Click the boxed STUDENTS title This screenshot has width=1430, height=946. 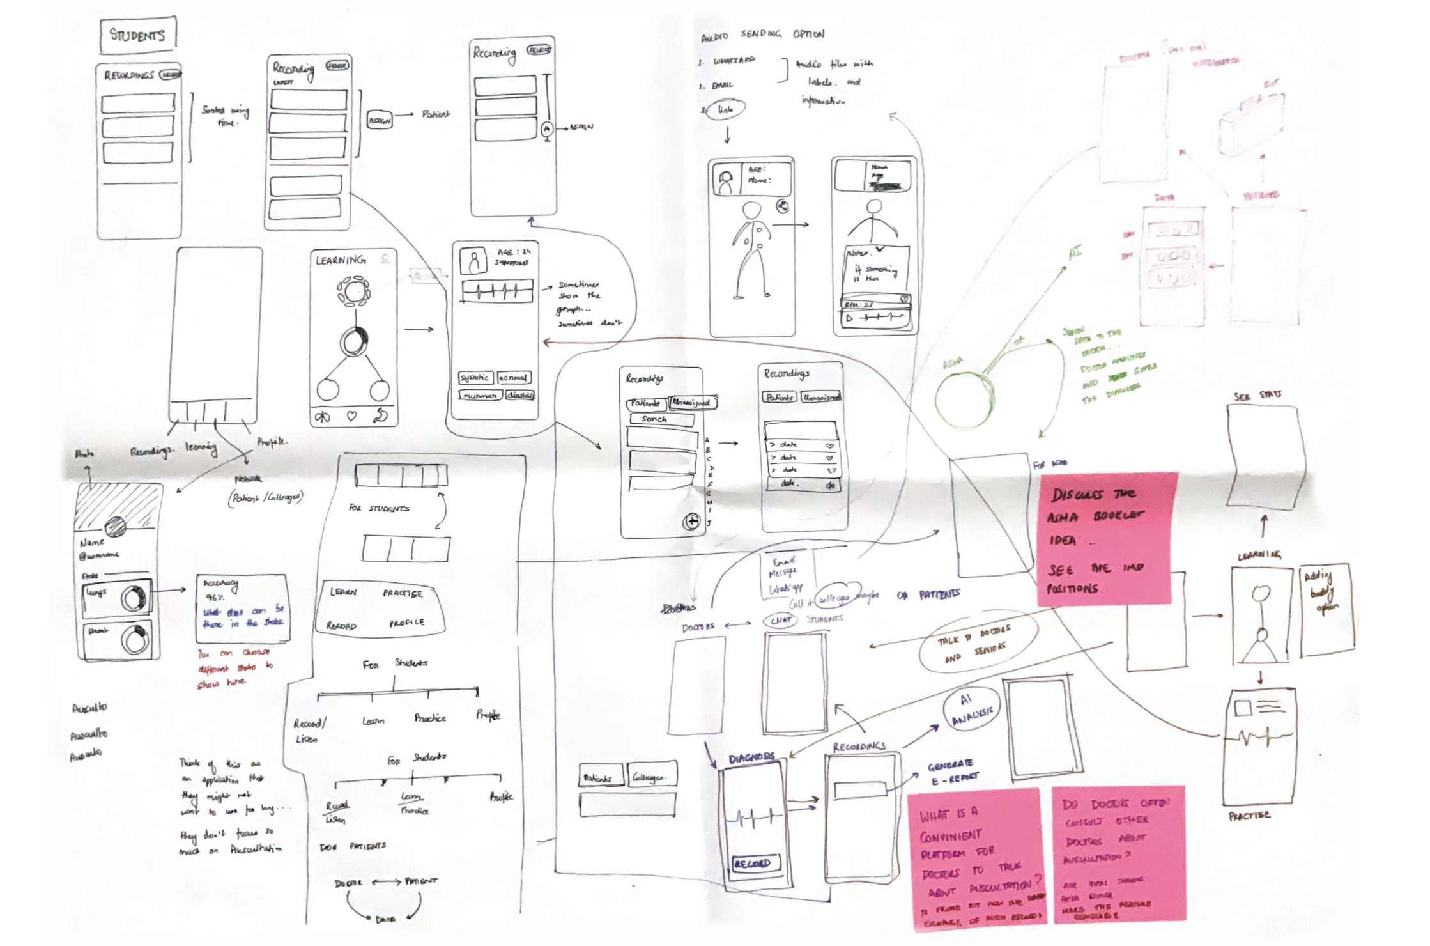[x=138, y=35]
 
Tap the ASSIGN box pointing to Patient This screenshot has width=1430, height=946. [x=380, y=120]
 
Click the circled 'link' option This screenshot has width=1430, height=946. [x=726, y=110]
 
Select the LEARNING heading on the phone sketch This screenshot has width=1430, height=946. [x=341, y=260]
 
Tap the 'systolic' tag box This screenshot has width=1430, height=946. [x=475, y=378]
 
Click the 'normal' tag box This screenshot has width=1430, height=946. [x=514, y=378]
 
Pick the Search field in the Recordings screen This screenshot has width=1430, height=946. [x=660, y=419]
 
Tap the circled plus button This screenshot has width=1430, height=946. [x=692, y=522]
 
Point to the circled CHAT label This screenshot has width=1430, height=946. [x=780, y=620]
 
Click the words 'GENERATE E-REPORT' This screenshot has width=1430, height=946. [x=952, y=772]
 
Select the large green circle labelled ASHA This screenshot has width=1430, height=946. [x=964, y=398]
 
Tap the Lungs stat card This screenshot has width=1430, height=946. [x=118, y=598]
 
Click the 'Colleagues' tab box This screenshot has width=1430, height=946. [x=650, y=777]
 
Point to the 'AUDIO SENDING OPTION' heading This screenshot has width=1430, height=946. [x=762, y=35]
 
